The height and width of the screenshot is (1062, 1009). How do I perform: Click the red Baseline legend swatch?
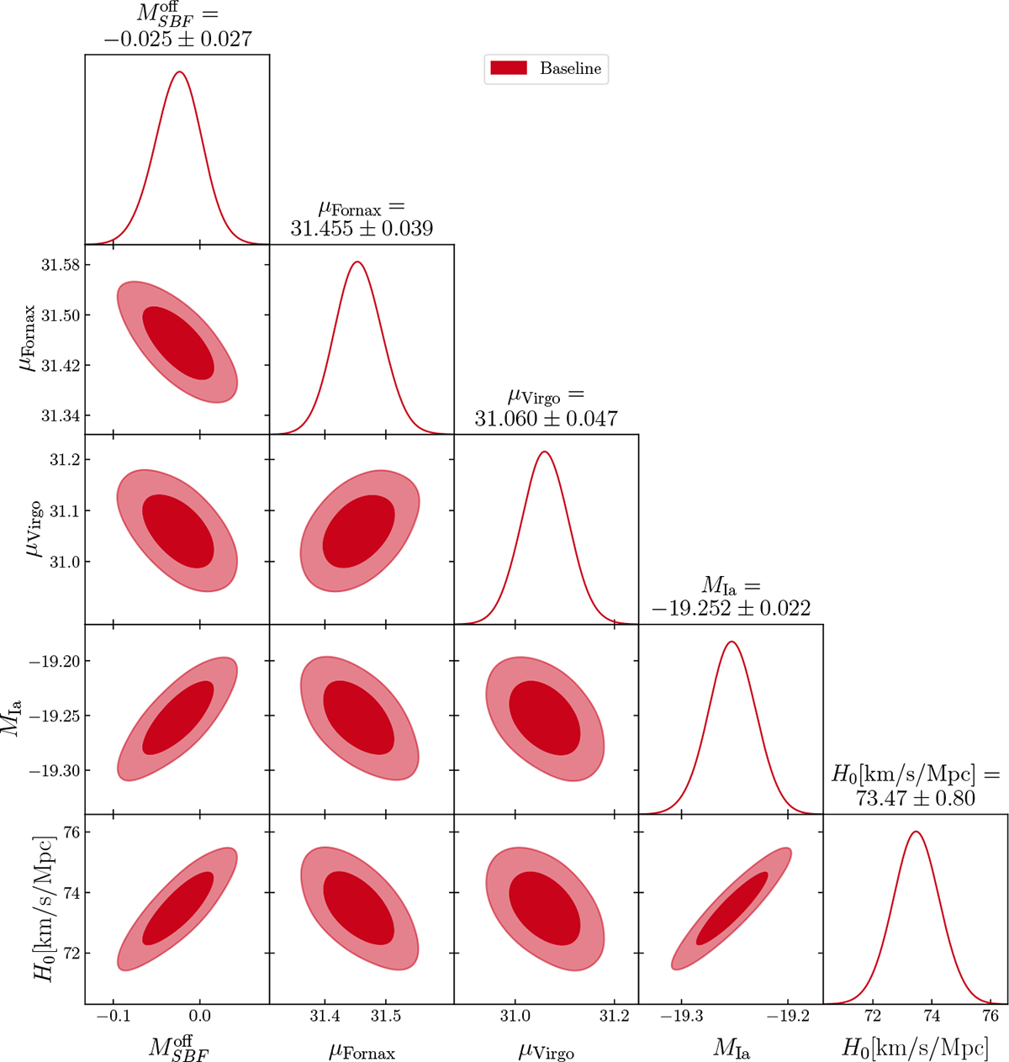(x=508, y=69)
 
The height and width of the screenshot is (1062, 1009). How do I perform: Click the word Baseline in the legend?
(x=570, y=69)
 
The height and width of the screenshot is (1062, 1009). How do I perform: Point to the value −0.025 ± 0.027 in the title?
(x=177, y=39)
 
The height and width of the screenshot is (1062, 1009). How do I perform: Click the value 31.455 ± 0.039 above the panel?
(x=362, y=229)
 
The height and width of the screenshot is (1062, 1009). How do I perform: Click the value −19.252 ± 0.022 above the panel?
(x=731, y=608)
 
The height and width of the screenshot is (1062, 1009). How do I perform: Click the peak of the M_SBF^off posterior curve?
(x=178, y=72)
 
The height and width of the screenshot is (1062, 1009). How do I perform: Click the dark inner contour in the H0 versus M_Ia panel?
(x=732, y=909)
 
